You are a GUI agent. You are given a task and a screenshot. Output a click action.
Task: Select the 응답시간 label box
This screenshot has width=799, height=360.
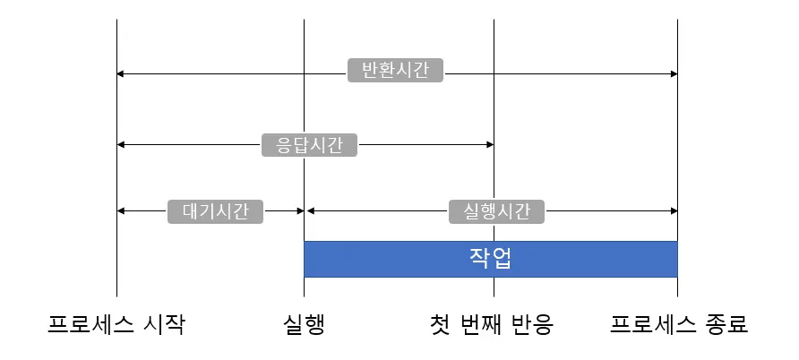point(309,145)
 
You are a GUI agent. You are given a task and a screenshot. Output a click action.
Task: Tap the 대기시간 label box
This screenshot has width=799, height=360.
point(216,210)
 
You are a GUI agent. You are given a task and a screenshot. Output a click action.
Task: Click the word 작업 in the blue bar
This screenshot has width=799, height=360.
point(490,259)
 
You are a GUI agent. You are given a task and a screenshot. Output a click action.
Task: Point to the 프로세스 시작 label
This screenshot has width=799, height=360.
point(116,323)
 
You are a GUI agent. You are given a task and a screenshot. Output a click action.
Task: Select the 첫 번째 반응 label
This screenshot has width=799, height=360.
point(492,323)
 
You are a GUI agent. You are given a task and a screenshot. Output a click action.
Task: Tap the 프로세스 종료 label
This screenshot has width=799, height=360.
point(678,323)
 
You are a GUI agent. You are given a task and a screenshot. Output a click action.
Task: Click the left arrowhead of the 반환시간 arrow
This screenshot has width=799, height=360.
point(121,73)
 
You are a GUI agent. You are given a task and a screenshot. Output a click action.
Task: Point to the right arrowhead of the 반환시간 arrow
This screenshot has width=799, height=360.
point(673,73)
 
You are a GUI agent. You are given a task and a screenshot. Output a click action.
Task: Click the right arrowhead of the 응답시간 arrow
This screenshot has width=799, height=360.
point(489,144)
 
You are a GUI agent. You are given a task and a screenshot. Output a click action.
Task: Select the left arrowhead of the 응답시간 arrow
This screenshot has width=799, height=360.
point(121,144)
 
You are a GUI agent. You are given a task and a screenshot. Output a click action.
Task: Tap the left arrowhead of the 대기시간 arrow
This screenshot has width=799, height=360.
point(121,210)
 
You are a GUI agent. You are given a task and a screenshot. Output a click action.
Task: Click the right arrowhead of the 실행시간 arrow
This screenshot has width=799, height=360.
point(673,210)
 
